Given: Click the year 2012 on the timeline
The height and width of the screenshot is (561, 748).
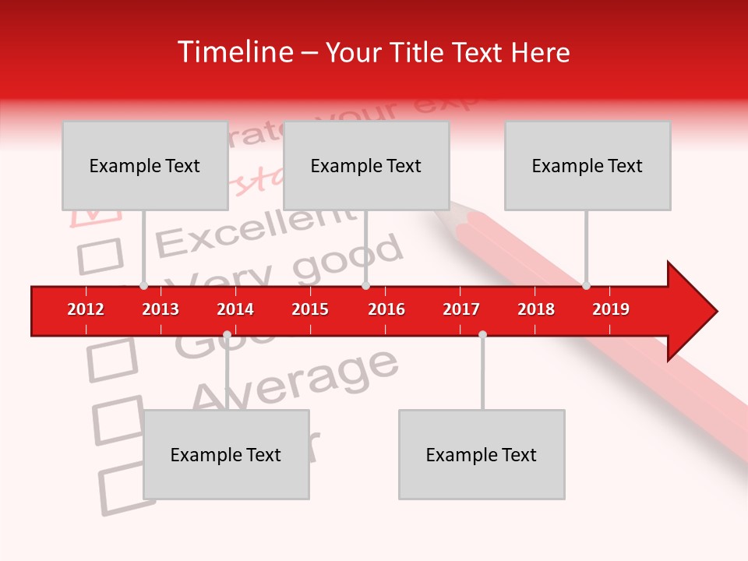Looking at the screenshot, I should click(x=86, y=309).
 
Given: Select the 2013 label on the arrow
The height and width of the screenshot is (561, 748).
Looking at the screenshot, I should click(x=161, y=309).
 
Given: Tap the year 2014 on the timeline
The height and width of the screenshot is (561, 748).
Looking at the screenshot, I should click(x=235, y=309).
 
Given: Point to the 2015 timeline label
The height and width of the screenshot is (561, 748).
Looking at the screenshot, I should click(x=310, y=309).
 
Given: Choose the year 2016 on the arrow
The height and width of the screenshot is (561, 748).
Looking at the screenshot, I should click(x=386, y=309).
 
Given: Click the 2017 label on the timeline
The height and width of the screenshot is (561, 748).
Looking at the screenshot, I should click(x=461, y=309).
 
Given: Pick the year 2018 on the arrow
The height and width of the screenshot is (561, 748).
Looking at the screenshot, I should click(x=536, y=309).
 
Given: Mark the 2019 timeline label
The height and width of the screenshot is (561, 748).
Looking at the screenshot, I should click(x=611, y=309).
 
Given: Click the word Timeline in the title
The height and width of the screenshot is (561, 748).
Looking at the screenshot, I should click(x=233, y=52).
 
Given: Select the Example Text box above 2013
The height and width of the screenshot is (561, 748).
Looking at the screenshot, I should click(x=145, y=165).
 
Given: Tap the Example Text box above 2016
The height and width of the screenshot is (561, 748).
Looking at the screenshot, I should click(x=366, y=165).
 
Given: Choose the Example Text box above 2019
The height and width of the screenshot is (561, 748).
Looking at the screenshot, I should click(x=587, y=165).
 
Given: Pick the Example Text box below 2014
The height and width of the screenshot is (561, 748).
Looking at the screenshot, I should click(x=226, y=454).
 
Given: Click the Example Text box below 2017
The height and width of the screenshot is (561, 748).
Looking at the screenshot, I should click(x=482, y=454).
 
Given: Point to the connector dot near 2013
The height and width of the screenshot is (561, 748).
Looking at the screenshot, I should click(x=143, y=285).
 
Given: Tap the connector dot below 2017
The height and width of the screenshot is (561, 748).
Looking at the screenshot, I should click(x=482, y=334).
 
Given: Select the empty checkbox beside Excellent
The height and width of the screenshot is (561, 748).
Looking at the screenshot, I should click(x=101, y=256).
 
